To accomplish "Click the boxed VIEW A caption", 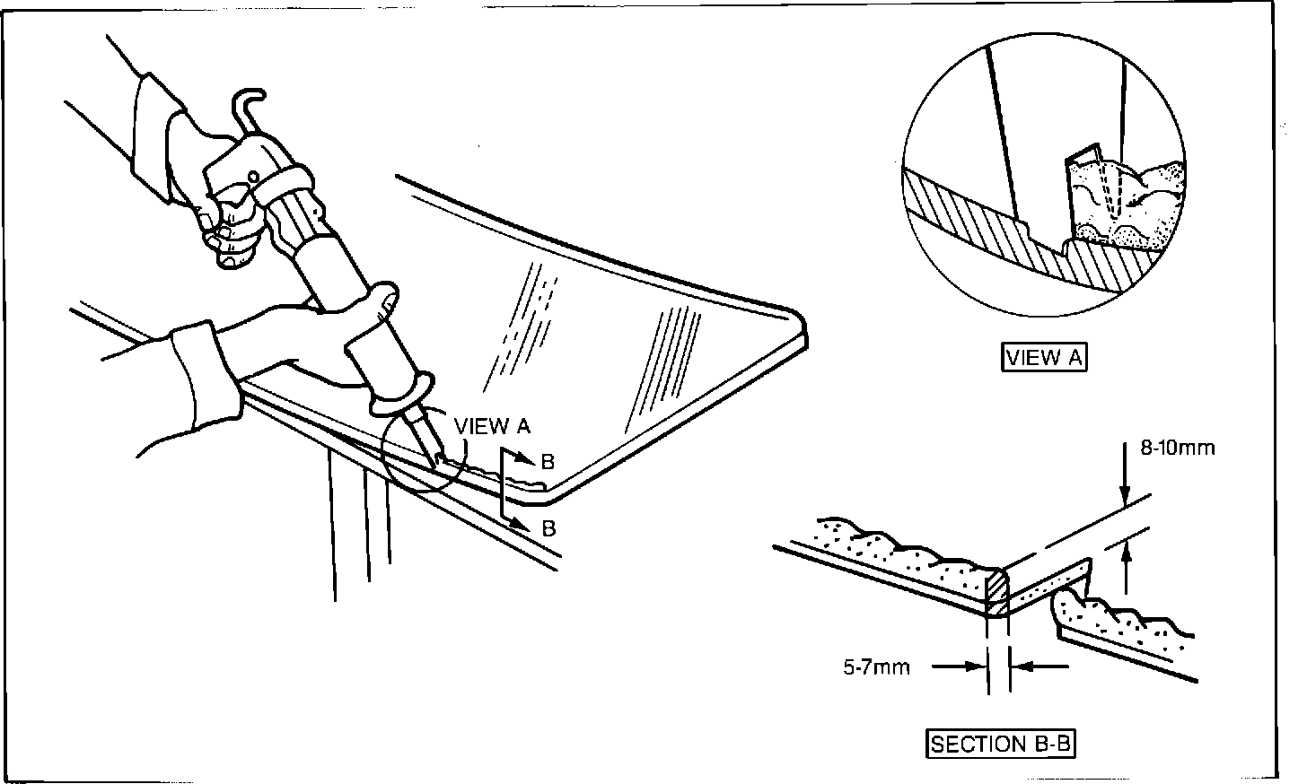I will [x=1044, y=358].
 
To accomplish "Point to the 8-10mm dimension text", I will [x=1178, y=449].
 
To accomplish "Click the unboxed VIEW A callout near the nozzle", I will [x=493, y=425].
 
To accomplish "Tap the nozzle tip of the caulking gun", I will [x=438, y=458].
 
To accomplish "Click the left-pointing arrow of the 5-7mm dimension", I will [x=1023, y=666].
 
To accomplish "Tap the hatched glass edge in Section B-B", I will [x=997, y=593].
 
